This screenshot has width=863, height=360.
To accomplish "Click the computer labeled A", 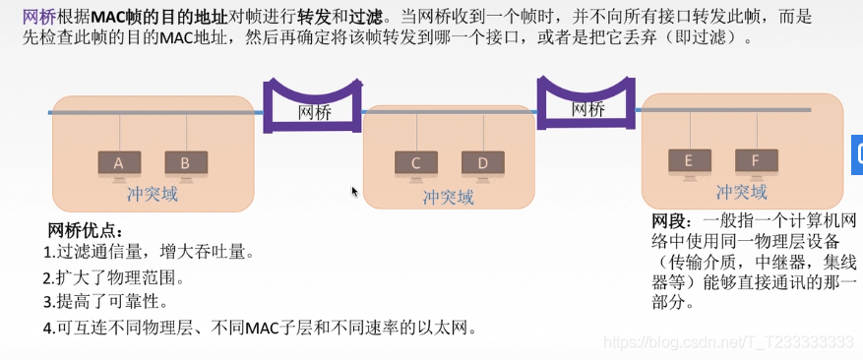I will [x=119, y=164].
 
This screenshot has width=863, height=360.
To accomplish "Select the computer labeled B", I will [x=185, y=164].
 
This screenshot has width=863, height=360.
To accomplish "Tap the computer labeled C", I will [x=415, y=164].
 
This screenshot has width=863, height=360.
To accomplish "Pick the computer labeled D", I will [x=482, y=164].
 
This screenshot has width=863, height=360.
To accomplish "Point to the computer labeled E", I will [x=688, y=161].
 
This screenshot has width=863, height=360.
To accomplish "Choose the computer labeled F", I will [x=755, y=161].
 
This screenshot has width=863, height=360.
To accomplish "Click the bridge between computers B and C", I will [x=314, y=112].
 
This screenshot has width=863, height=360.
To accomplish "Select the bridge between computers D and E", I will [x=587, y=108].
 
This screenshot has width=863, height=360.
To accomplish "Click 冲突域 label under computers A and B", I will [x=153, y=195].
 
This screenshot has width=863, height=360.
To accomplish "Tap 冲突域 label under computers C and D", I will [x=449, y=197].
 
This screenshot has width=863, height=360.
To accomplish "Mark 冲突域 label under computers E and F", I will [x=742, y=192].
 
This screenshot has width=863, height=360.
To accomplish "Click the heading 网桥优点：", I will [x=87, y=231].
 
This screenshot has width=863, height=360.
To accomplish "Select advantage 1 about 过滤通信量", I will [x=149, y=254].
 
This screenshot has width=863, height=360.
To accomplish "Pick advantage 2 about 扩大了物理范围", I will [x=114, y=278].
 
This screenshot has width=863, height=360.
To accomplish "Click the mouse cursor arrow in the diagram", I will [x=355, y=191].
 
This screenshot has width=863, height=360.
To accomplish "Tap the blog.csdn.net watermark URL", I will [x=728, y=342].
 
